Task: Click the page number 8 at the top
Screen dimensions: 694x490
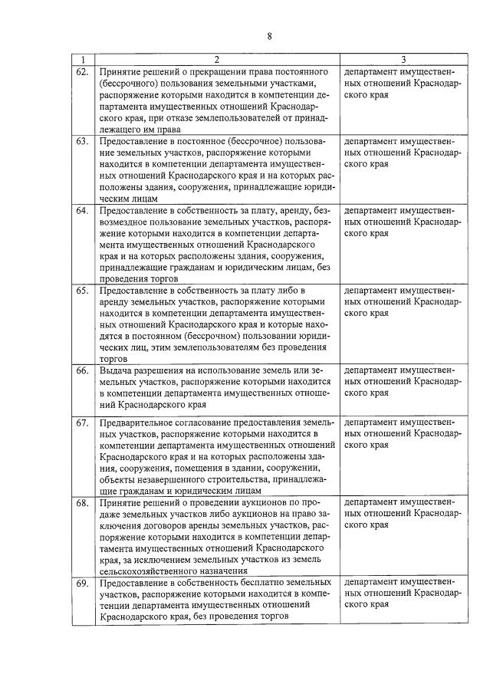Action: [270, 35]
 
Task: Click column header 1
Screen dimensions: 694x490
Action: [82, 60]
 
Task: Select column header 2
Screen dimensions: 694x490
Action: [216, 60]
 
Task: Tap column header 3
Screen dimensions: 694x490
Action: [403, 60]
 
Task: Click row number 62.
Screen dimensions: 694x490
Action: [82, 71]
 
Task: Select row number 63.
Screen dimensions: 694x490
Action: [82, 142]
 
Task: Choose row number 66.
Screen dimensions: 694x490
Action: [82, 371]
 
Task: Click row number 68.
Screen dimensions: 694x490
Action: [82, 502]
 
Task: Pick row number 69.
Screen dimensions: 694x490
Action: [82, 584]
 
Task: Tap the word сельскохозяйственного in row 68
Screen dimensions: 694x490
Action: [150, 571]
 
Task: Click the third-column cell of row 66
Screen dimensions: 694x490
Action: [403, 381]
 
